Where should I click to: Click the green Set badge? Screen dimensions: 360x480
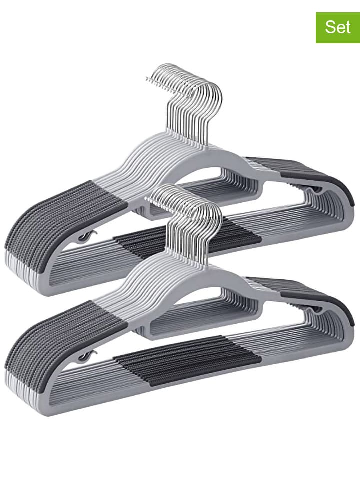coord(338,28)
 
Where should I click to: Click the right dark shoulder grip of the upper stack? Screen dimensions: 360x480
coord(303,174)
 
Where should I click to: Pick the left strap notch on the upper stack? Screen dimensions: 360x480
coord(86,236)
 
